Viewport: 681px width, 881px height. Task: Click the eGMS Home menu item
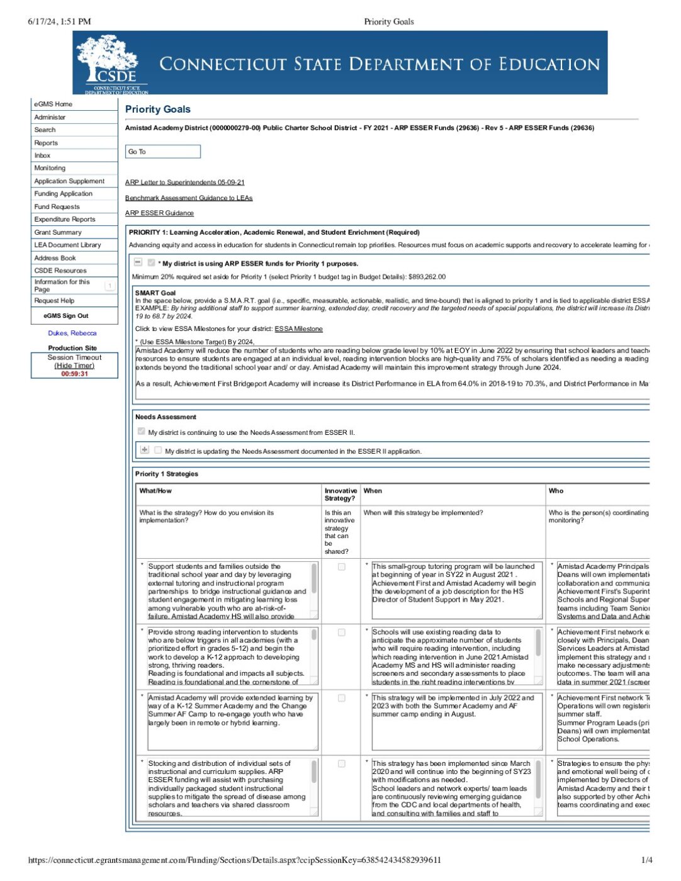[53, 104]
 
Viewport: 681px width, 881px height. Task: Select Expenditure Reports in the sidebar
[65, 220]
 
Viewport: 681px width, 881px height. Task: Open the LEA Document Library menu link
[67, 245]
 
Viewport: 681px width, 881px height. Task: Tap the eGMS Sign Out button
[66, 316]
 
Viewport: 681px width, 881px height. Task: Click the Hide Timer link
[74, 366]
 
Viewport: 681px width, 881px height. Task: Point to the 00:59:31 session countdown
[74, 374]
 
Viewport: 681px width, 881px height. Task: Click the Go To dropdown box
[162, 152]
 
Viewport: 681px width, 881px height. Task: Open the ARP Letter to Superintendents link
[184, 182]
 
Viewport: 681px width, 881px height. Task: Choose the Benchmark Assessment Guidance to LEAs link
[189, 198]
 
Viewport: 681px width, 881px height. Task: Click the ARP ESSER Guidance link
[159, 213]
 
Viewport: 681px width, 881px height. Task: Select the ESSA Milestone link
[298, 329]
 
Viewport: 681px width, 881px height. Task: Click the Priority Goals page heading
[158, 109]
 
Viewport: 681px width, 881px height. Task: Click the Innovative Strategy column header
[340, 495]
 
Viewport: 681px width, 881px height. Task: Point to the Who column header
[556, 491]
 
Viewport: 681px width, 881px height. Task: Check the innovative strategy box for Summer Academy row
[342, 699]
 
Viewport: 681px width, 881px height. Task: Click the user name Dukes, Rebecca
[72, 334]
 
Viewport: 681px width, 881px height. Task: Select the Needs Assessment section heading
[166, 417]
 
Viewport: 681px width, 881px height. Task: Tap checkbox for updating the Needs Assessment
[158, 451]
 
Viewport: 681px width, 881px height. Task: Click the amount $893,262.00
[427, 277]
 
